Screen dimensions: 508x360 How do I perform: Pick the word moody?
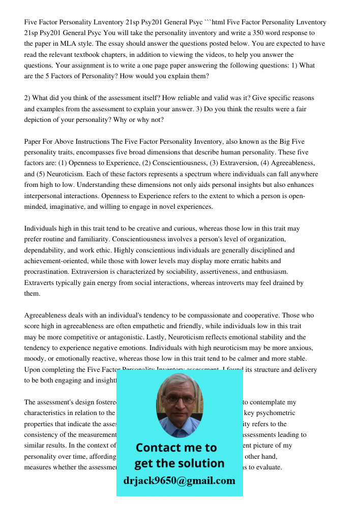[x=35, y=359]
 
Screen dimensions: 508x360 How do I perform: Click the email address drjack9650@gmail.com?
[x=179, y=481]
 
